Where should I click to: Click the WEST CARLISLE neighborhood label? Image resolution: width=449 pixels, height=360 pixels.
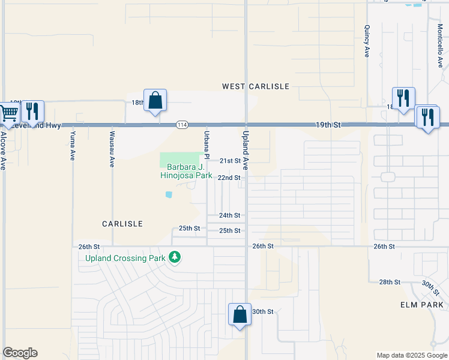(256, 86)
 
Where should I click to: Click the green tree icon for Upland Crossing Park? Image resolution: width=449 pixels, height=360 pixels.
(175, 257)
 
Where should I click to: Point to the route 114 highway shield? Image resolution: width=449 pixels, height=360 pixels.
(182, 125)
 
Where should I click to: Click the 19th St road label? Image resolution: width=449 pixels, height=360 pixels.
(329, 125)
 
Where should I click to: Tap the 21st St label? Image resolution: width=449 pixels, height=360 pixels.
(229, 161)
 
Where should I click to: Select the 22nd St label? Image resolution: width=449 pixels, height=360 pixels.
(229, 178)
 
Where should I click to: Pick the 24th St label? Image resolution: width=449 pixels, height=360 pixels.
(229, 215)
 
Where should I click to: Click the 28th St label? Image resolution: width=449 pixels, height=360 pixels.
(389, 282)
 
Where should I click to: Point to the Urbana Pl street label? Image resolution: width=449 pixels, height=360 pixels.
(206, 144)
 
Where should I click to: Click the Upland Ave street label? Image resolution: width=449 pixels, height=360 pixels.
(246, 145)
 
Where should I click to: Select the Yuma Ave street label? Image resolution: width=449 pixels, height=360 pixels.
(73, 145)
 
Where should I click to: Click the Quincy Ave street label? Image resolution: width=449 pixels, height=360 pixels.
(366, 41)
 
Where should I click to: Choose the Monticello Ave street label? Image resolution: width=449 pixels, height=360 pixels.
(439, 46)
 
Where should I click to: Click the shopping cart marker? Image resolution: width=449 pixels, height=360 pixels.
(7, 113)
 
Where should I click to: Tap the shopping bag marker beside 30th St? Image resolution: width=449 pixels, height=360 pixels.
(240, 315)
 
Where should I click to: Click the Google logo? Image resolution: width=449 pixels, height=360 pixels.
(20, 353)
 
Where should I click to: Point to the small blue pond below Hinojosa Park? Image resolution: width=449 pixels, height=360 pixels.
(169, 194)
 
